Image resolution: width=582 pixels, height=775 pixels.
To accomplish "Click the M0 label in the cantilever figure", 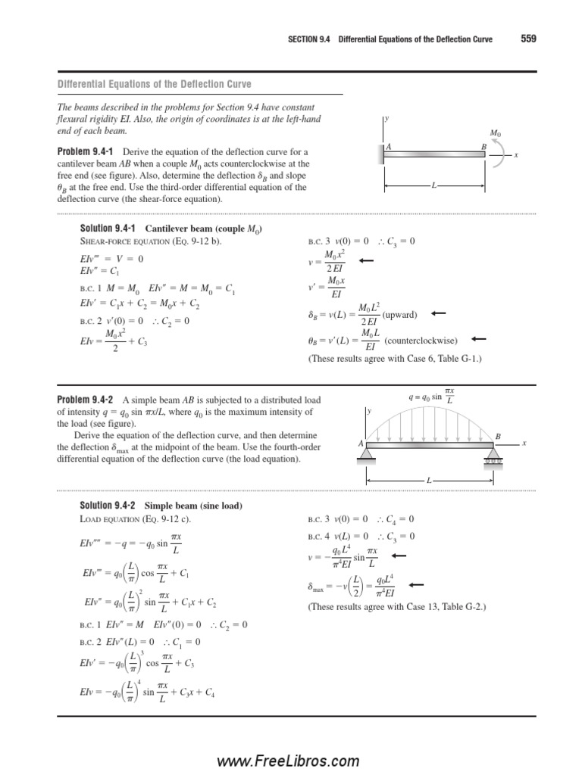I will click(495, 133).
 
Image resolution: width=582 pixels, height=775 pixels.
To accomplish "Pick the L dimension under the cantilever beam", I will click(433, 185).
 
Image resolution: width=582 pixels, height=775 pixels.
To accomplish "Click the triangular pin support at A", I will click(368, 453).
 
